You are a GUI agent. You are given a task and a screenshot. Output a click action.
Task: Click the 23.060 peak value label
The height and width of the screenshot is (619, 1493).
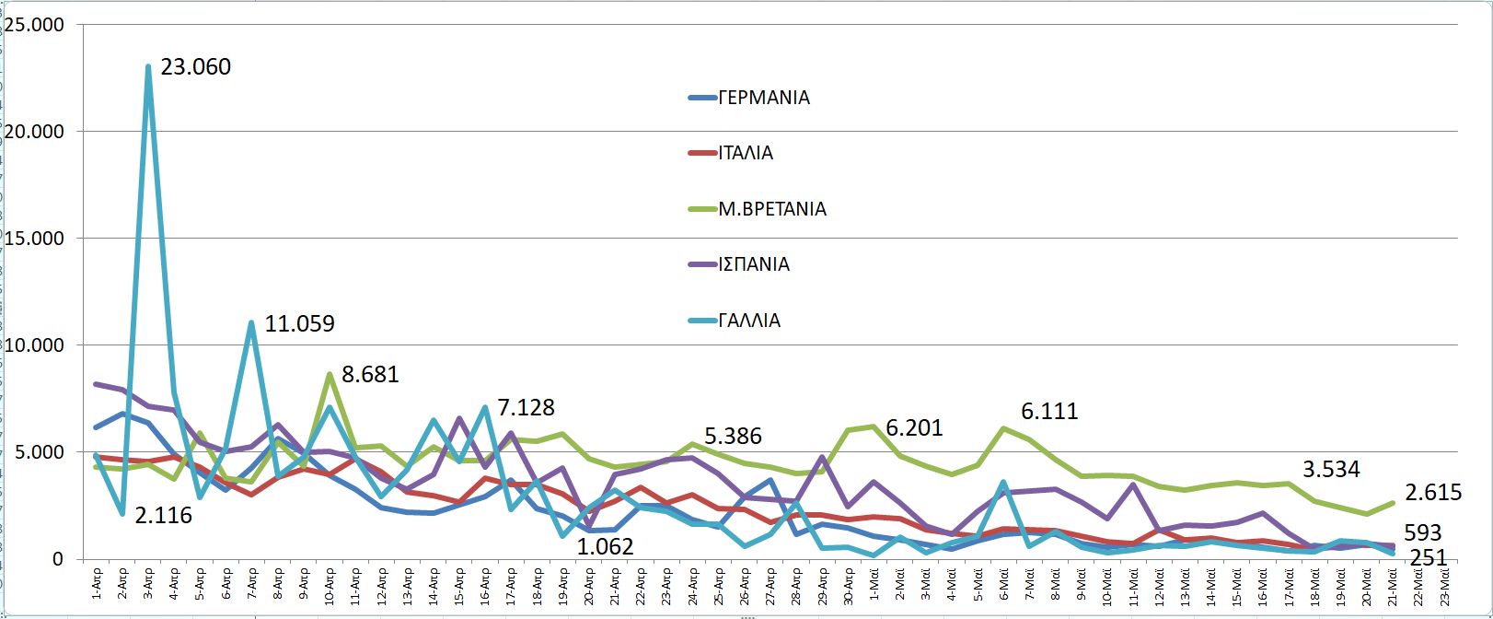195,67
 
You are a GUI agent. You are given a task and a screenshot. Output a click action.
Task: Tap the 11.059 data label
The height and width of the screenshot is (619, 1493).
299,324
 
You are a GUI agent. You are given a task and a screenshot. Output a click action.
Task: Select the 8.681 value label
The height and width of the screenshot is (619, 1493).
370,375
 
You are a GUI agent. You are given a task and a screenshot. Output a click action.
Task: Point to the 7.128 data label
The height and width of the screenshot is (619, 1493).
526,407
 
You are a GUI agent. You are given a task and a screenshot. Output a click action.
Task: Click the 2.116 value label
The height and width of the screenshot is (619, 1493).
164,516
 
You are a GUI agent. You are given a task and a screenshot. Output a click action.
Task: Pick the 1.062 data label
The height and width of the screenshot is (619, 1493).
605,547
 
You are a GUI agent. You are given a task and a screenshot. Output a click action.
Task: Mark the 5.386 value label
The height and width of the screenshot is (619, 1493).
733,437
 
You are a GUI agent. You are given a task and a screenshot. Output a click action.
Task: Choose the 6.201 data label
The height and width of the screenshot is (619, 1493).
914,428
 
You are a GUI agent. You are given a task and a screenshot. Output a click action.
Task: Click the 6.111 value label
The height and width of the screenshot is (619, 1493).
1049,412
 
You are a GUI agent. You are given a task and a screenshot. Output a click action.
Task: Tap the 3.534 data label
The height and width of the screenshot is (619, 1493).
1331,470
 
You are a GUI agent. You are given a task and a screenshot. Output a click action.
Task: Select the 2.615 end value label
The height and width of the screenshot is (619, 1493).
1433,493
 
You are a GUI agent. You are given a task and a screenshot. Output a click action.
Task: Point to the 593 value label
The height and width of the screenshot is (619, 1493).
1423,533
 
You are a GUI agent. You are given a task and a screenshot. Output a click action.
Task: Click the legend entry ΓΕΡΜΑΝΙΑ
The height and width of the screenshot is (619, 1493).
763,98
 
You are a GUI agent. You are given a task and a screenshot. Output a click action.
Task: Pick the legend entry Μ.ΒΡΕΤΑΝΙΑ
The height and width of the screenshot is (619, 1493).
771,209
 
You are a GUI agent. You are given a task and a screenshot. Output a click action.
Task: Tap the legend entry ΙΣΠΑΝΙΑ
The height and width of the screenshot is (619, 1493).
754,264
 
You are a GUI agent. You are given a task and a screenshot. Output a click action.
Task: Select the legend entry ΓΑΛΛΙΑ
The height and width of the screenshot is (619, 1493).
749,321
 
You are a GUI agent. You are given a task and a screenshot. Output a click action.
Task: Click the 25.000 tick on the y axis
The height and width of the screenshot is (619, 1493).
34,25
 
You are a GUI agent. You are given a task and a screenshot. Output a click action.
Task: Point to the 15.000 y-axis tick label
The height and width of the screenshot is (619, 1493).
34,239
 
